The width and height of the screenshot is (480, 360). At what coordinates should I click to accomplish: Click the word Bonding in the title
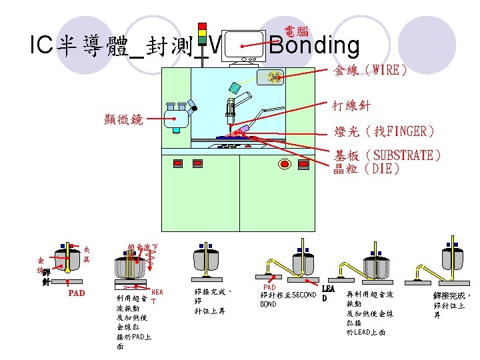(315, 45)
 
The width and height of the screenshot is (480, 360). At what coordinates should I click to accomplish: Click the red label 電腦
(296, 31)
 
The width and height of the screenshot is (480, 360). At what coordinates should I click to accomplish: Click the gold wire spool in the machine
(274, 77)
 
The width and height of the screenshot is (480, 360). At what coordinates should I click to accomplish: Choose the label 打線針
(352, 105)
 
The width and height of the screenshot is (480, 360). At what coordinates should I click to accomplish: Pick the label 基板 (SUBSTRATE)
(387, 155)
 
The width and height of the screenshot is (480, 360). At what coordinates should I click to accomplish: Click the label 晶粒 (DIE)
(367, 169)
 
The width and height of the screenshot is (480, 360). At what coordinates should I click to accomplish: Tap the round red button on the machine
(285, 164)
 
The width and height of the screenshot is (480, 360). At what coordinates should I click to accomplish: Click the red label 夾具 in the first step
(87, 253)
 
